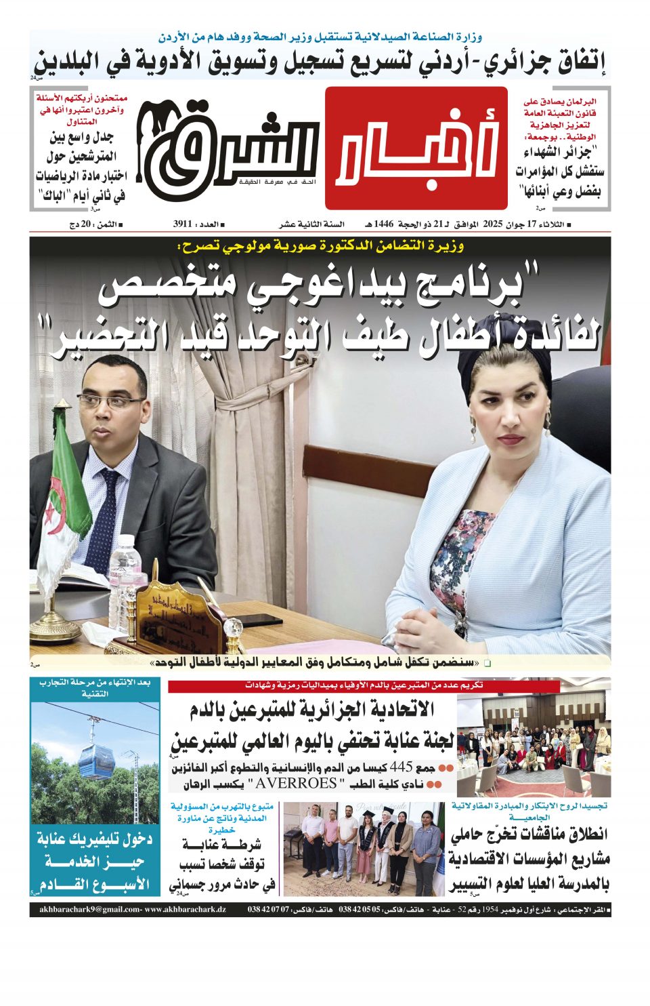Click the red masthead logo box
click(416, 148)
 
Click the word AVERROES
click(294, 784)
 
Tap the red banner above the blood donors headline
click(364, 685)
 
